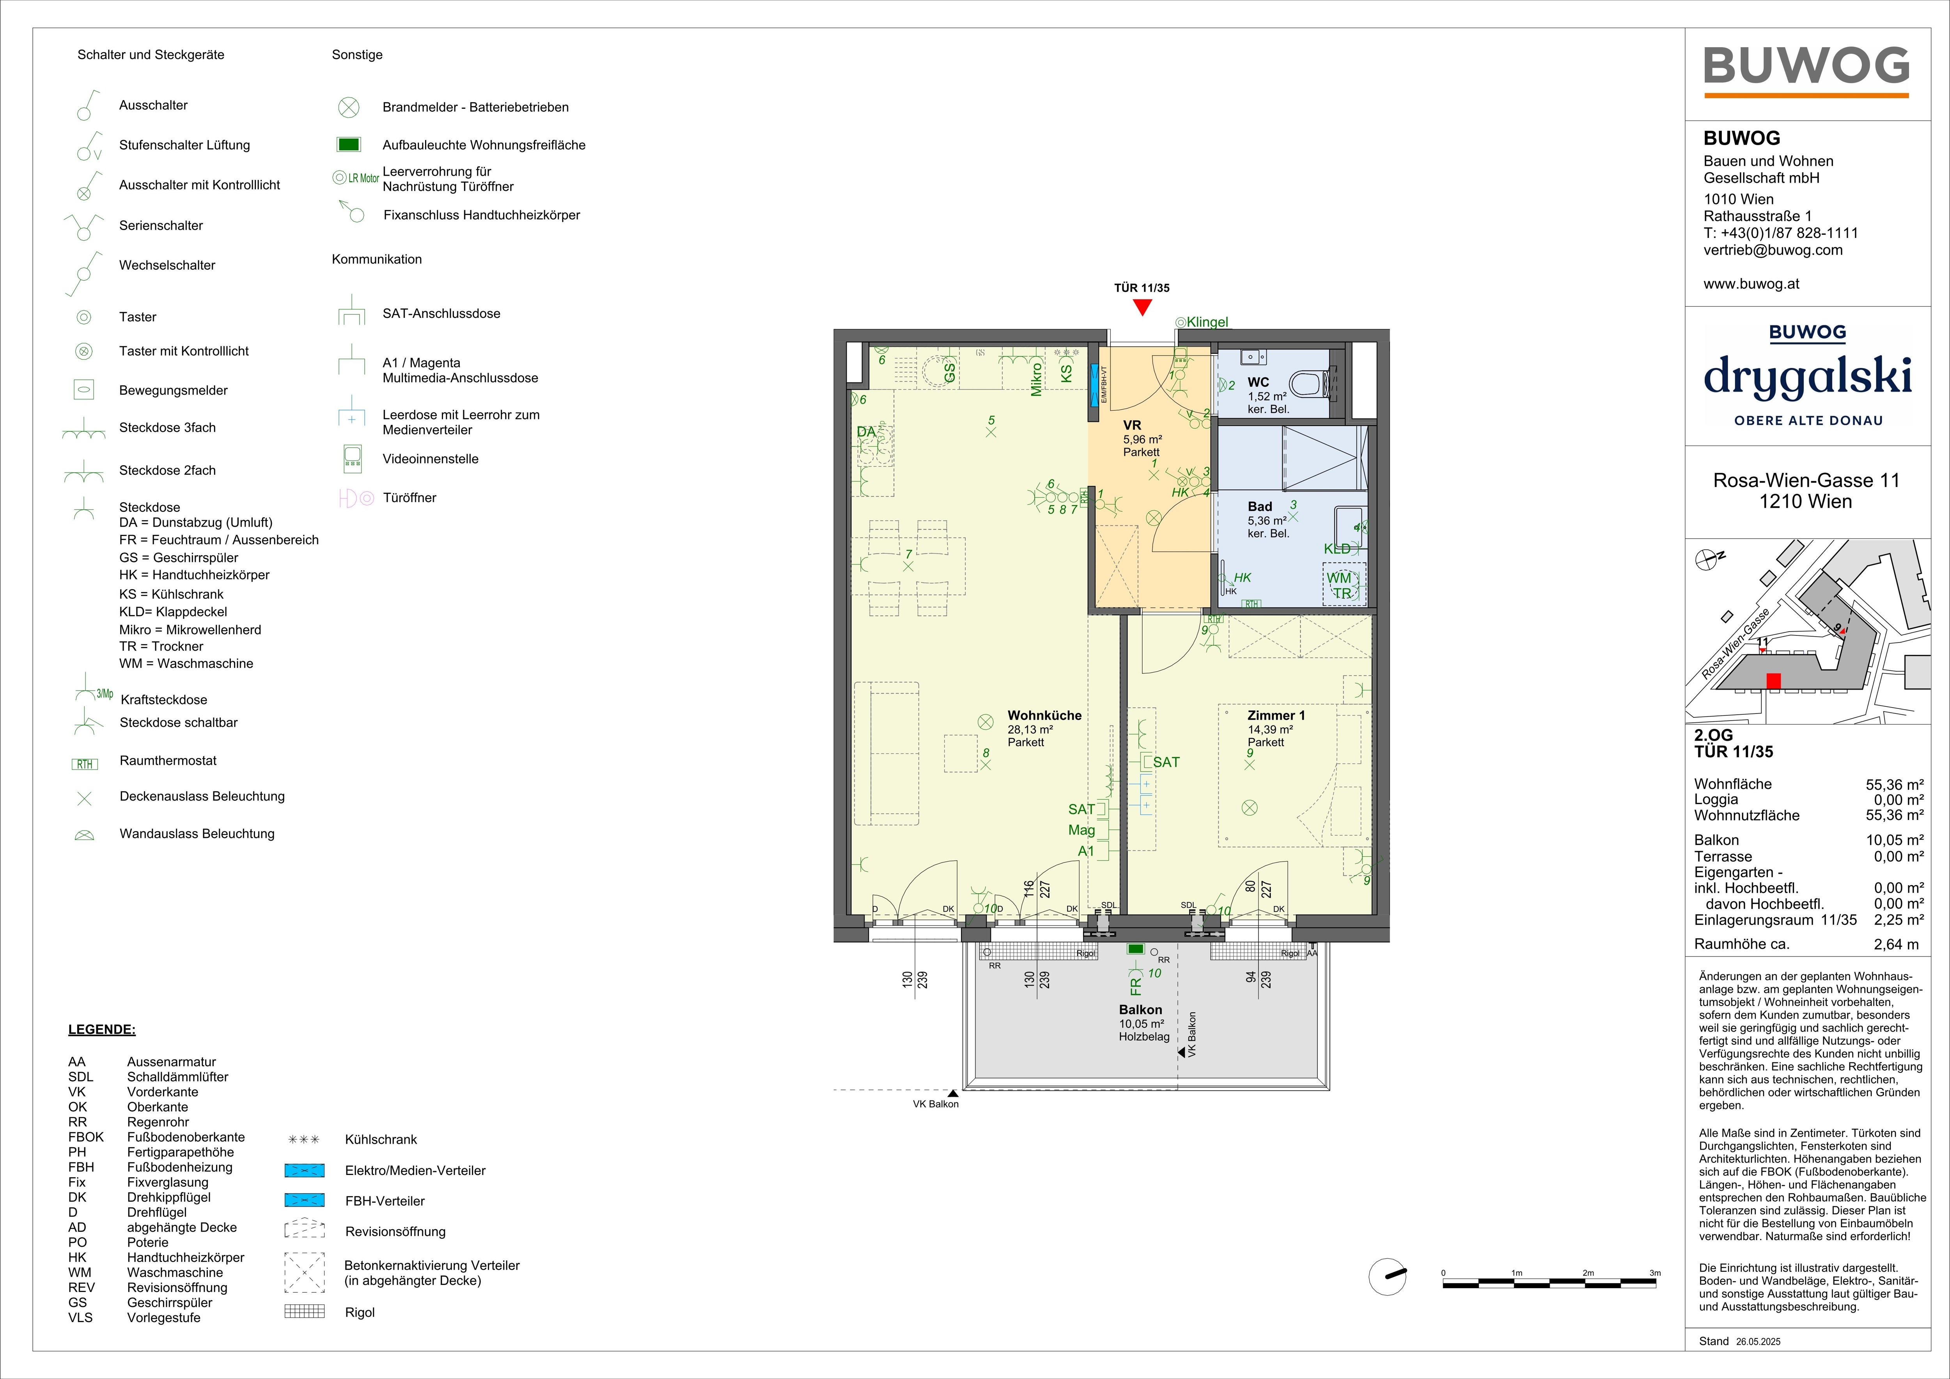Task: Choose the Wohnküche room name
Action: pyautogui.click(x=1045, y=715)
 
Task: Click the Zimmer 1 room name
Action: pyautogui.click(x=1276, y=715)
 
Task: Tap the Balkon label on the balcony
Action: pyautogui.click(x=1140, y=1010)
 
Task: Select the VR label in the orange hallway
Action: pyautogui.click(x=1132, y=425)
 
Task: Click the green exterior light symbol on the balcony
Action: pyautogui.click(x=1135, y=949)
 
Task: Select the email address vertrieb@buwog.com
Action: pyautogui.click(x=1773, y=250)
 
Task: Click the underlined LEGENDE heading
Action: pyautogui.click(x=102, y=1030)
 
